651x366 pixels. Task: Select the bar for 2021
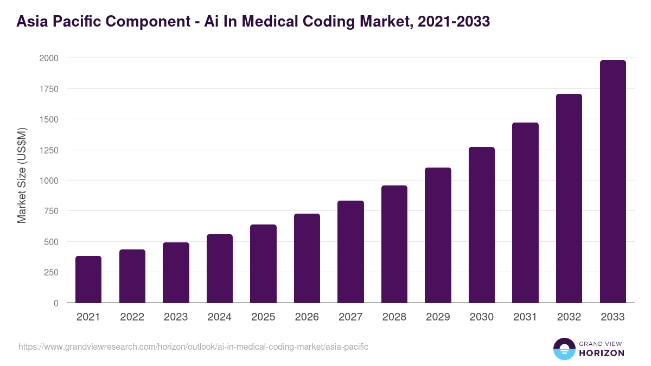coord(88,279)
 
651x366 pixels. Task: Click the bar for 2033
coord(612,182)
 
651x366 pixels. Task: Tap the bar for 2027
coord(350,252)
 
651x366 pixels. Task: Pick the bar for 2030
coord(482,225)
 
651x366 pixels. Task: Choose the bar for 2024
coord(220,268)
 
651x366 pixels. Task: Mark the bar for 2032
coord(569,198)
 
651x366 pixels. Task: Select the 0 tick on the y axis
coord(56,303)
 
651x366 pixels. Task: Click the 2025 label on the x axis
coord(263,317)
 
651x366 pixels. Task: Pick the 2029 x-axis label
coord(438,317)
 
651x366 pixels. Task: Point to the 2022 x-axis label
coord(132,317)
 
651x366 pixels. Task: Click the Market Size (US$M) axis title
coord(22,175)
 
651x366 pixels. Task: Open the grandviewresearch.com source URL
coord(193,346)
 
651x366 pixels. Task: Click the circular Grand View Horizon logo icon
coord(564,349)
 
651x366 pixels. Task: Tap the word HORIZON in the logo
coord(601,353)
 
